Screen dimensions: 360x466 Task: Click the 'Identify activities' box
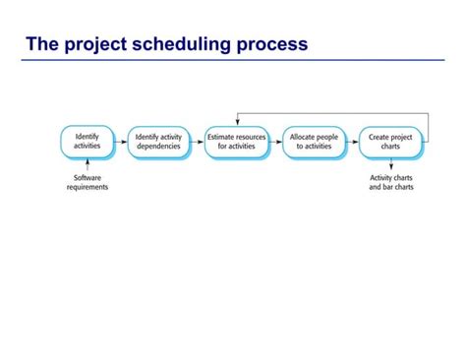[87, 142]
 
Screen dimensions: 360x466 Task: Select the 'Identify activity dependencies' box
[158, 142]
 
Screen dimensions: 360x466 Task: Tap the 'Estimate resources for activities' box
[236, 142]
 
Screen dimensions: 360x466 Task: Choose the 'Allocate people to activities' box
[314, 142]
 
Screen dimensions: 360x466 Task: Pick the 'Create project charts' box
[390, 142]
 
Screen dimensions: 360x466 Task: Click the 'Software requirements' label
[87, 183]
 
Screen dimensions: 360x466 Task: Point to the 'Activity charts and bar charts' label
[391, 183]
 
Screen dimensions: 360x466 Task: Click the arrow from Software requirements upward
[87, 166]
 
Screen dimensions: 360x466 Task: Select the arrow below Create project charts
[391, 166]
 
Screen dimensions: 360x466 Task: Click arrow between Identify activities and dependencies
[121, 142]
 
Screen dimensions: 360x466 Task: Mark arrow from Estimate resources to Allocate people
[275, 142]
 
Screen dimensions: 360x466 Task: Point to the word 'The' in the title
[42, 44]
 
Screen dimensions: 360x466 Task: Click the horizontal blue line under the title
[233, 59]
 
